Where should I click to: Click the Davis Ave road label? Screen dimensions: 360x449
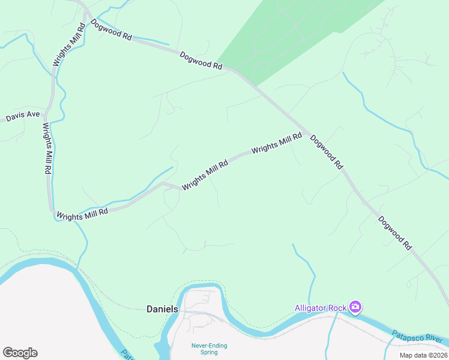(23, 116)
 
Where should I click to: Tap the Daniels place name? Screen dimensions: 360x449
(163, 309)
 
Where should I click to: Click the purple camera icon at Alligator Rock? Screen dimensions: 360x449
(355, 308)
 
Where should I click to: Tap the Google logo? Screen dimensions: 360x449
(20, 353)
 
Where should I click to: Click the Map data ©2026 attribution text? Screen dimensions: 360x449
(423, 355)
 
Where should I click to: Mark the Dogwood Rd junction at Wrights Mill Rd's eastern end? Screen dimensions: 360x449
(307, 133)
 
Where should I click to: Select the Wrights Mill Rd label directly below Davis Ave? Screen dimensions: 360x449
(46, 148)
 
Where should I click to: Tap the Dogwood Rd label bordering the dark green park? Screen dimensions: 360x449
(201, 60)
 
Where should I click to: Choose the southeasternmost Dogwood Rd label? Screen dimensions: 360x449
(396, 232)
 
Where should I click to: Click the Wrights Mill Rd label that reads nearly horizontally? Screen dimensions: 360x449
(82, 214)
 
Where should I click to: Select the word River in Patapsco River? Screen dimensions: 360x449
(436, 339)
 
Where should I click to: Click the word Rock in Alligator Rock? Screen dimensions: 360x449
(338, 308)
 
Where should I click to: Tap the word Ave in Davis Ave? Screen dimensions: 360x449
(32, 115)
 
